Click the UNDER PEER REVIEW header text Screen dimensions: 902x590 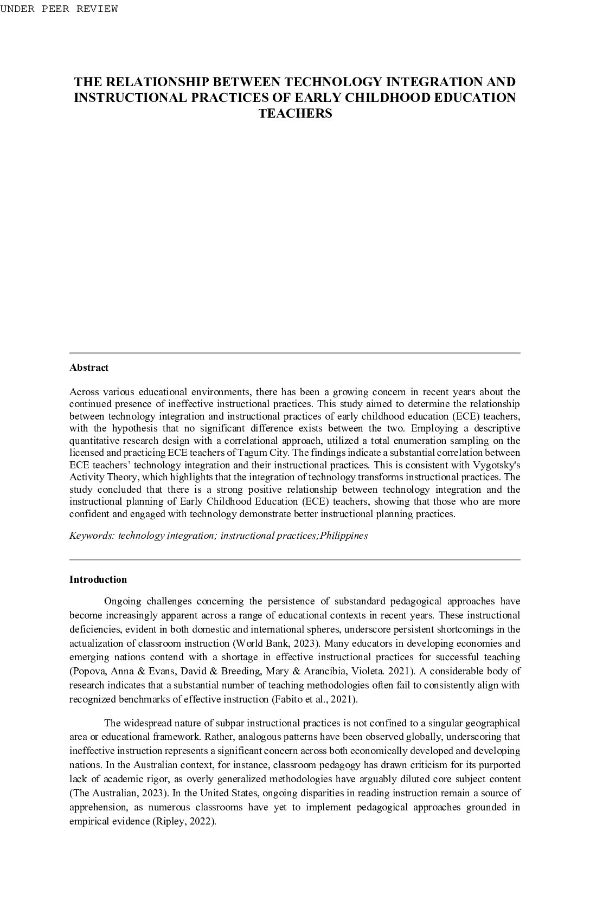59,9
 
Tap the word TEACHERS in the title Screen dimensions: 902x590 295,114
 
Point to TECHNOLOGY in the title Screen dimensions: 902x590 333,82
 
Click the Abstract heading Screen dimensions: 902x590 89,368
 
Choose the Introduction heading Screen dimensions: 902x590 98,579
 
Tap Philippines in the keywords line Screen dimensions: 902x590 344,536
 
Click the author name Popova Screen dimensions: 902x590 89,671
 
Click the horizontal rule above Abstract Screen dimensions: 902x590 295,353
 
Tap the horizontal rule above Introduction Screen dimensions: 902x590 295,559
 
